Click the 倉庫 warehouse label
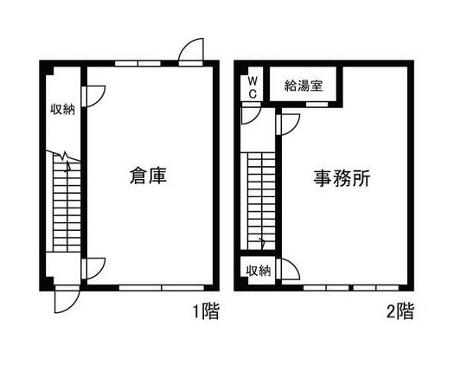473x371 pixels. coord(148,176)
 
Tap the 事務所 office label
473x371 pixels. coord(342,178)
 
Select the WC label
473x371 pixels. coord(252,87)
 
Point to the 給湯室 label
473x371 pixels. coord(304,86)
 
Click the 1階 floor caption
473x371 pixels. coord(206,311)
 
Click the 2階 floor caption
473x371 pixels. coord(400,311)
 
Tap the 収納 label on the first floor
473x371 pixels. coord(62,109)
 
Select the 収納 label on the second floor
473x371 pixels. coord(259,271)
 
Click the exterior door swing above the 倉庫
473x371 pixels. coord(191,52)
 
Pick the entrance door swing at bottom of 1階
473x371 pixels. coord(67,299)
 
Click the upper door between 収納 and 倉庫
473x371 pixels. coord(93,97)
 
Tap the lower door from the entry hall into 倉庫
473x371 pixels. coord(93,269)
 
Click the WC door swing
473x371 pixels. coord(252,113)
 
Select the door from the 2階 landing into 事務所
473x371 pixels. coord(288,125)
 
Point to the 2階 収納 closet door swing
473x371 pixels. coord(288,268)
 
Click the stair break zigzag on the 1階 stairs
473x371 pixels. coord(63,156)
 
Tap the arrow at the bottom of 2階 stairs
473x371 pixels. coord(262,243)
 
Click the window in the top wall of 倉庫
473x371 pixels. coord(137,64)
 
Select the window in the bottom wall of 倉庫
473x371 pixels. coord(162,288)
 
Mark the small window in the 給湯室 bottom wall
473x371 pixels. coord(316,105)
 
